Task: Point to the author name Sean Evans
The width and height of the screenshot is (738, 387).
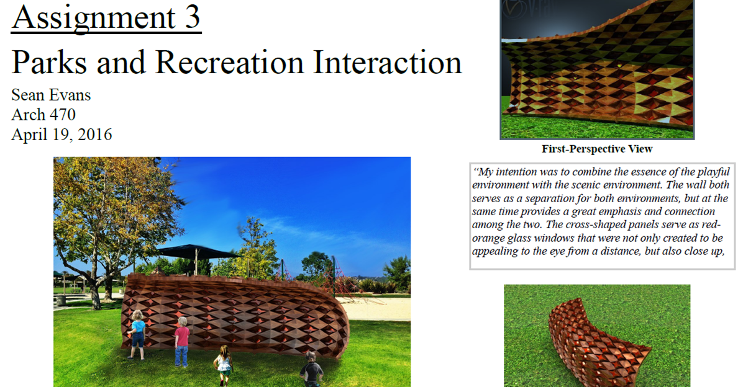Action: (51, 95)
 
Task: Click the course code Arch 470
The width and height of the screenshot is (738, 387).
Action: (43, 115)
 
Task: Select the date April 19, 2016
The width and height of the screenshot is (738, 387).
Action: (61, 135)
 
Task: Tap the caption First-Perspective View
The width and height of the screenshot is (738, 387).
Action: (597, 149)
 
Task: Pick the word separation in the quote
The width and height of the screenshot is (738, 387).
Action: (557, 199)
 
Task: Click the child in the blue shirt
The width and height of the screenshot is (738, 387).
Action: (137, 333)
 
